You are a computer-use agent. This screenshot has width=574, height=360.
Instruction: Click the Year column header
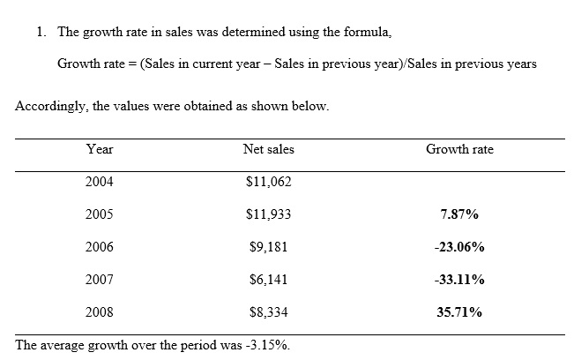(x=100, y=150)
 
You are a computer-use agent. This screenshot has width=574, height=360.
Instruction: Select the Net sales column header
(x=268, y=150)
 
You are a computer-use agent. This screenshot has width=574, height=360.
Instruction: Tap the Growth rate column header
(x=459, y=150)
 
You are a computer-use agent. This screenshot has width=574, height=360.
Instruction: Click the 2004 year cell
(x=100, y=182)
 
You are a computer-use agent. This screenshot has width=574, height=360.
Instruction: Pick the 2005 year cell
(x=100, y=214)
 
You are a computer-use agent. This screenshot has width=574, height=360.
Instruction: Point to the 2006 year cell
(x=100, y=247)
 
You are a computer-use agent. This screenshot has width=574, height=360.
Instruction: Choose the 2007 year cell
(x=100, y=280)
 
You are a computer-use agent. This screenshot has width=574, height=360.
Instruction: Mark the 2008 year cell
(x=100, y=312)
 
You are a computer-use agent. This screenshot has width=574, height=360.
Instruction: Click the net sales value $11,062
(x=268, y=182)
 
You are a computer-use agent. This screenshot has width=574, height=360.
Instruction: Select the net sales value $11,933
(x=268, y=214)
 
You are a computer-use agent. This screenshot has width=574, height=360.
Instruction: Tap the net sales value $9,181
(x=268, y=247)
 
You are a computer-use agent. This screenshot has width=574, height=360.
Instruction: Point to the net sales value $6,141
(x=268, y=280)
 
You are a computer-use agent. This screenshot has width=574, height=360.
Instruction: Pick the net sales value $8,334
(x=268, y=312)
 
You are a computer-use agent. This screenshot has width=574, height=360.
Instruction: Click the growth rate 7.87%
(x=459, y=214)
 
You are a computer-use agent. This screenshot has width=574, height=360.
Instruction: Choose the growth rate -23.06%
(x=459, y=247)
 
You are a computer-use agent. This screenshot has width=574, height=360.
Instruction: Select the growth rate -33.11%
(x=459, y=280)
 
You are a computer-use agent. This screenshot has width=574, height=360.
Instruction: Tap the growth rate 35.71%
(x=459, y=312)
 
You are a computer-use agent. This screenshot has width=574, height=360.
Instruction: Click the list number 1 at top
(x=41, y=33)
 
